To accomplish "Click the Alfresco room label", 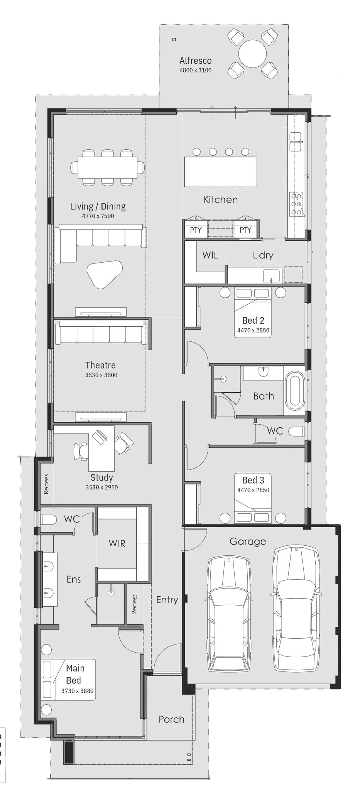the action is coord(195,61).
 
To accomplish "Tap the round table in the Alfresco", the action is coord(252,54).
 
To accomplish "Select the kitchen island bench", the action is coord(221,172).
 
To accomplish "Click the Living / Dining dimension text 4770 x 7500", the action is coord(98,216).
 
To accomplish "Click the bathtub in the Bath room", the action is coord(294,391).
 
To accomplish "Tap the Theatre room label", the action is coord(100,365).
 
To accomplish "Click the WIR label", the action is coord(117,543).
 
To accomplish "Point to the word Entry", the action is coord(167,600).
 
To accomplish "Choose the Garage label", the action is coord(248,542).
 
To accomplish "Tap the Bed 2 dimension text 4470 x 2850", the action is coord(253,330).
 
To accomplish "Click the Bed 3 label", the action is coord(253,480).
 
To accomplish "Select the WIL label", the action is coord(210,255).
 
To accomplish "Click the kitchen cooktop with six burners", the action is coord(296,204).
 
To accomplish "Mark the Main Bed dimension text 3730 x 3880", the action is coord(77,691).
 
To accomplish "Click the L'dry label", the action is coord(263,255).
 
